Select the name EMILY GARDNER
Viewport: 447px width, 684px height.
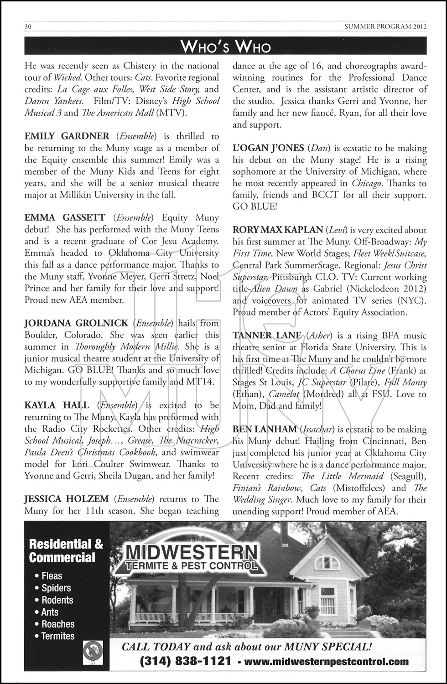67,136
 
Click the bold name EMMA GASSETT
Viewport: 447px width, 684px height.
65,218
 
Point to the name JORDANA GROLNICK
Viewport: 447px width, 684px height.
76,323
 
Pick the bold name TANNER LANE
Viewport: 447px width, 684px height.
267,336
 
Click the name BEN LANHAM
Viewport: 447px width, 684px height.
265,430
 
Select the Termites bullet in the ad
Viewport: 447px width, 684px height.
58,636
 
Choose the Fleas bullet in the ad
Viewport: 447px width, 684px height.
52,576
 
